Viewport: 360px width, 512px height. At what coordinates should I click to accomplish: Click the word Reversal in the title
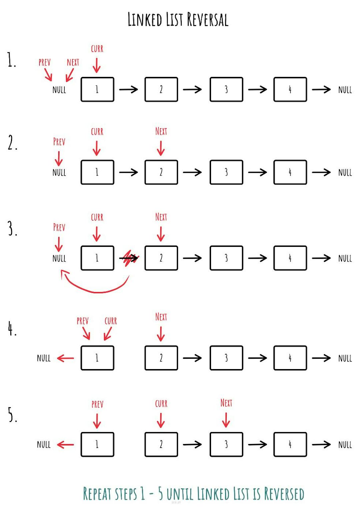point(207,20)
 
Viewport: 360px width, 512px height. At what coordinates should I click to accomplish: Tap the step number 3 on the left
point(12,229)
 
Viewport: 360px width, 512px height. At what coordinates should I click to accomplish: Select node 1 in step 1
point(97,89)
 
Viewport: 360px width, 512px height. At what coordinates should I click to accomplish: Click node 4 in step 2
point(290,172)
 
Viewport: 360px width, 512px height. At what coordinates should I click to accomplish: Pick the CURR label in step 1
point(97,49)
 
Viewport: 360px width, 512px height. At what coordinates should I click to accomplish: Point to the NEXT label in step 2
point(161,131)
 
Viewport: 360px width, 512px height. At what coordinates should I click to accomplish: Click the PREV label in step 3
point(59,228)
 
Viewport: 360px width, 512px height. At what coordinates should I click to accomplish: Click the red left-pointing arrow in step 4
point(65,358)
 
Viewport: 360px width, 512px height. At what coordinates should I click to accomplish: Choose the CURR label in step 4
point(111,321)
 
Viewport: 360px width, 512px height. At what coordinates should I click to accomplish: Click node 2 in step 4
point(161,358)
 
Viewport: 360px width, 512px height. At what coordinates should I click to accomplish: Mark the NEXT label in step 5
point(226,403)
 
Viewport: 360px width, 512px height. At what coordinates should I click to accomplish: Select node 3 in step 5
point(226,444)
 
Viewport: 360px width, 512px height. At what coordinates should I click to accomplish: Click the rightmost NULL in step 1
point(345,90)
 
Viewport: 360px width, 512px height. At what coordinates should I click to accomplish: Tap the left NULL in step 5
point(44,445)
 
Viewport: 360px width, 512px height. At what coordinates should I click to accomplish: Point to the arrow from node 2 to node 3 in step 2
point(192,172)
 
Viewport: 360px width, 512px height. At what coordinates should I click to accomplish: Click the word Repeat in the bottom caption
point(97,494)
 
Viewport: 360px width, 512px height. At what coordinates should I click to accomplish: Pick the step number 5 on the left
point(12,415)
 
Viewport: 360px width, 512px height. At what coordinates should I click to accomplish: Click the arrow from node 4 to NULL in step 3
point(321,258)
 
